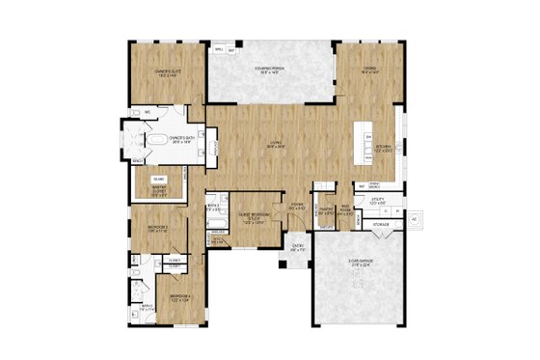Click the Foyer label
[x=300, y=205]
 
